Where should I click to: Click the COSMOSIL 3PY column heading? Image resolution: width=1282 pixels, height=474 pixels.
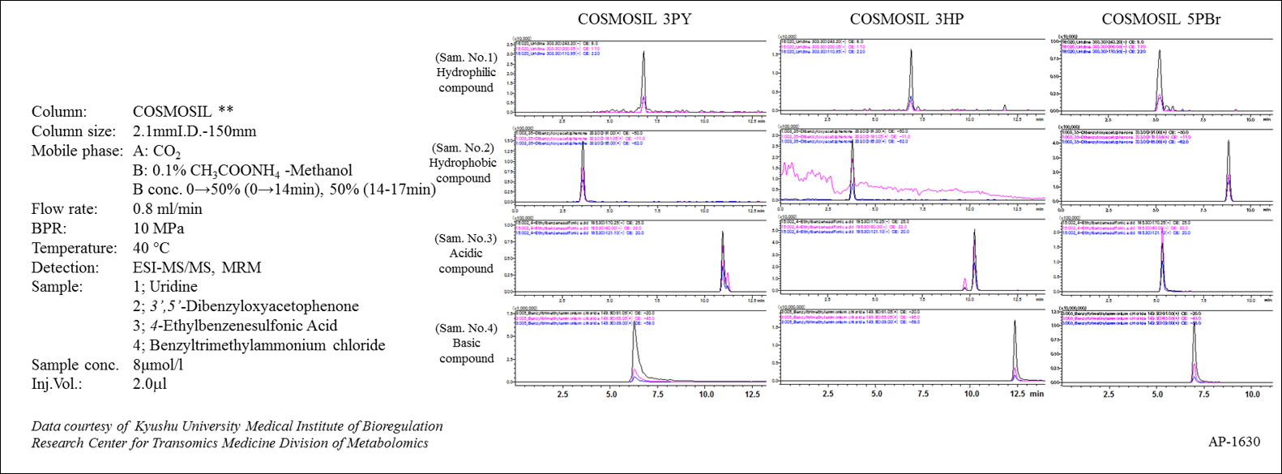click(x=634, y=19)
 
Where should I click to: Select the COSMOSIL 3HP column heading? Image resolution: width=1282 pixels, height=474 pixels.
click(x=906, y=19)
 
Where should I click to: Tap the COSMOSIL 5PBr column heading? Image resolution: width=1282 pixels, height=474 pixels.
click(x=1161, y=19)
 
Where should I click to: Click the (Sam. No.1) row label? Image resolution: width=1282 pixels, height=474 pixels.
click(x=465, y=58)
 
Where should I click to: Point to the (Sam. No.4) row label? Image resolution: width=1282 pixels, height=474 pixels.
click(x=466, y=328)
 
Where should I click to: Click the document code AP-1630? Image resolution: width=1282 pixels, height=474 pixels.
click(x=1234, y=442)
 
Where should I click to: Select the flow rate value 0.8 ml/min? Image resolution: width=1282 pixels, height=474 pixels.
click(x=168, y=209)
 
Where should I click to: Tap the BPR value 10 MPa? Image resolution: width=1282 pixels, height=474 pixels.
click(x=159, y=228)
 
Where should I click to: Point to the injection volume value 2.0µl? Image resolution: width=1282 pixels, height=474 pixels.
click(x=150, y=384)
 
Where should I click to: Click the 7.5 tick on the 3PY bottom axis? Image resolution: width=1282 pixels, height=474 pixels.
click(x=657, y=395)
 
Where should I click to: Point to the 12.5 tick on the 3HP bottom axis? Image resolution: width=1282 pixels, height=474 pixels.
click(x=1017, y=395)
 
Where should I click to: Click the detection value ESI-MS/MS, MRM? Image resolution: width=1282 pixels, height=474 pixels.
click(x=197, y=267)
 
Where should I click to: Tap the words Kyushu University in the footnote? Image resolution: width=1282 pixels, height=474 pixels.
click(x=186, y=426)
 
